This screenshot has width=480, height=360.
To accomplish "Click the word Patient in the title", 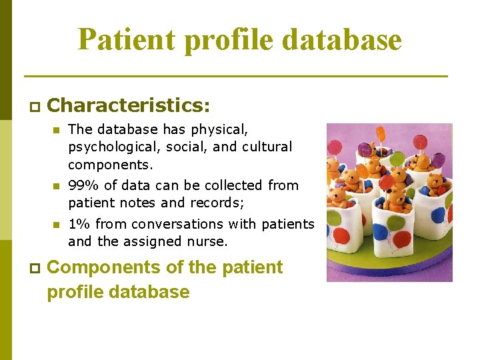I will (127, 39).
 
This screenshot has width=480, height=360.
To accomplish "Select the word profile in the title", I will (229, 39).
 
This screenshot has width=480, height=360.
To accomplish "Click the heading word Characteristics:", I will (129, 105).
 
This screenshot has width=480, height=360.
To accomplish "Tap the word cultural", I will (269, 147).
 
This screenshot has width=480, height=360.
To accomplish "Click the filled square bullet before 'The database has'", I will (57, 130).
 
